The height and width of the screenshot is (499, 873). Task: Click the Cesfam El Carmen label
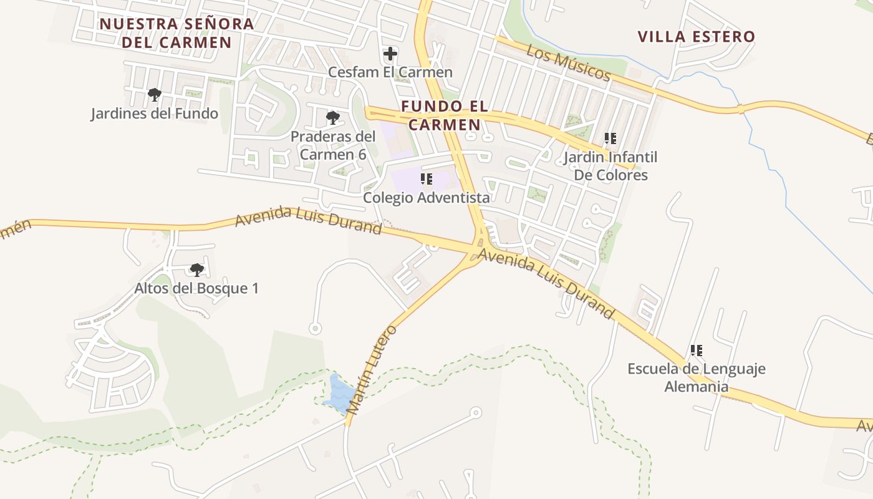(x=390, y=72)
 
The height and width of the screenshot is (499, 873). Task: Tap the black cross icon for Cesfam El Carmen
(x=390, y=54)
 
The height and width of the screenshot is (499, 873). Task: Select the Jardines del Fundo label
(x=155, y=114)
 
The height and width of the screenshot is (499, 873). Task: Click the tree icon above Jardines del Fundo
(x=155, y=95)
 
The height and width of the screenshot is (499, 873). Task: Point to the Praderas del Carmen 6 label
(x=333, y=145)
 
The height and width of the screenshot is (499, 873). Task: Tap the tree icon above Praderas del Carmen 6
(x=333, y=117)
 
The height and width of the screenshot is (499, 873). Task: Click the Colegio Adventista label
(x=427, y=198)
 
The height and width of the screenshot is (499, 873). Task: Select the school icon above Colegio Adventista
(x=427, y=180)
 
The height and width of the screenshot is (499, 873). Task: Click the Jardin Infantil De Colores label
(x=610, y=166)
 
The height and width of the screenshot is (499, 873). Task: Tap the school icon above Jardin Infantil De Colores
(x=610, y=138)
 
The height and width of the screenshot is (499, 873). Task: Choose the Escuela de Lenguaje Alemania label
(x=697, y=377)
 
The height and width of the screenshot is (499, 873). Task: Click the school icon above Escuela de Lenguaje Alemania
(x=697, y=351)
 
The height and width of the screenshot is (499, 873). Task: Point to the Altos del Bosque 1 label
(x=196, y=288)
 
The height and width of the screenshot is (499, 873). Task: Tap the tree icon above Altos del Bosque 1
(x=197, y=269)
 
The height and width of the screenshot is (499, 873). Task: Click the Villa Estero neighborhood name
(x=697, y=37)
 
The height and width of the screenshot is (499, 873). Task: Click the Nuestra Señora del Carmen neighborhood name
(x=177, y=33)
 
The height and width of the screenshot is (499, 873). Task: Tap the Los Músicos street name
(x=568, y=62)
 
